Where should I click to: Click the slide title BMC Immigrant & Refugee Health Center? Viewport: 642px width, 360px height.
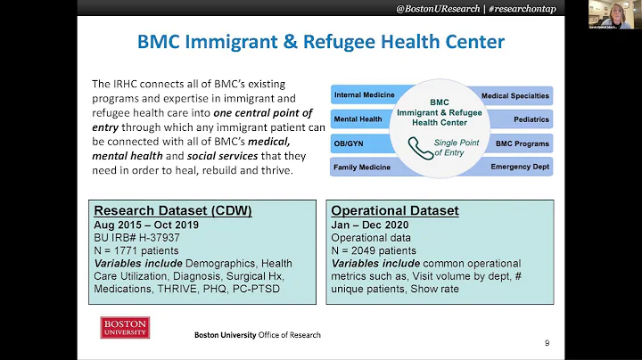[320, 42]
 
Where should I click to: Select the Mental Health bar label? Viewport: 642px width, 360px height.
[358, 119]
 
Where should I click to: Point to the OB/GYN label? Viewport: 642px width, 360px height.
[347, 143]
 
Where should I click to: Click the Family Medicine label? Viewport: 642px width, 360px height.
[362, 167]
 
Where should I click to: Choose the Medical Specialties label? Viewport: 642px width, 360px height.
[515, 94]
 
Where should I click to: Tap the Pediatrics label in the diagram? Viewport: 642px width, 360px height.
[531, 119]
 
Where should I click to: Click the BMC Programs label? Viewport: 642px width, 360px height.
[523, 143]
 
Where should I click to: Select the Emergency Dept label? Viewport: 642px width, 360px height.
[520, 167]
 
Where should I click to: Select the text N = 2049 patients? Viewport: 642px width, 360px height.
[374, 250]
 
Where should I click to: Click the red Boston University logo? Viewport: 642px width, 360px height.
[125, 327]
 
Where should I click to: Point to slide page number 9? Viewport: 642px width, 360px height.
[547, 342]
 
